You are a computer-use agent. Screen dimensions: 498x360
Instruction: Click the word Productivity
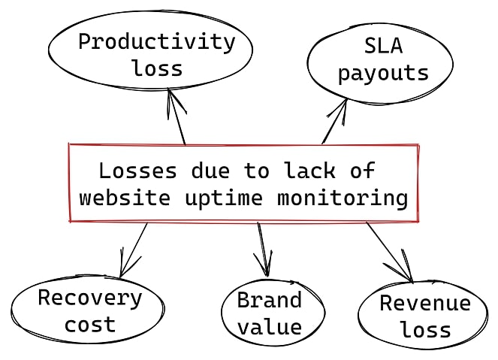[157, 43]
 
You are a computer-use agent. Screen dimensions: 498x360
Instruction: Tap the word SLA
[383, 46]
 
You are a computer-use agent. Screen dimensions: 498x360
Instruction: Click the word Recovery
[90, 299]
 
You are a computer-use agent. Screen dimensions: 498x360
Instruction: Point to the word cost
[90, 325]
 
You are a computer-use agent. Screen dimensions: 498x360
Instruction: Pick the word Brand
[270, 300]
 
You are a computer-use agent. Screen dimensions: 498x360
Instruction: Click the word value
[270, 327]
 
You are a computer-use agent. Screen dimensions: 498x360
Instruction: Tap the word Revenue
[425, 303]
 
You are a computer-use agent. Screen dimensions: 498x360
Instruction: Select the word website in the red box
[125, 198]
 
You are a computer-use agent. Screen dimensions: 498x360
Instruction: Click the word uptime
[224, 199]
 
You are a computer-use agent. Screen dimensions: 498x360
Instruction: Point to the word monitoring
[343, 199]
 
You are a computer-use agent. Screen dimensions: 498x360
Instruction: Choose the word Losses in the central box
[138, 171]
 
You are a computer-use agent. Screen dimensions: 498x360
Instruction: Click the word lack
[309, 171]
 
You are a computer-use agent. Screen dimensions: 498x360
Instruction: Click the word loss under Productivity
[158, 68]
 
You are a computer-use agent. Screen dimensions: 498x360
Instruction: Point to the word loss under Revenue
[426, 329]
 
